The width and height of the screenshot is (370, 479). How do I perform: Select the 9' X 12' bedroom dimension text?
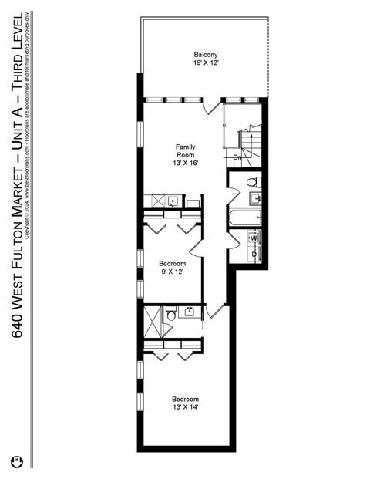[x=170, y=272]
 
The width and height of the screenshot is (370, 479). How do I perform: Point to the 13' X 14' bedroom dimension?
[x=186, y=407]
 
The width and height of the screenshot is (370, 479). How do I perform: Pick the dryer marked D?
[x=254, y=253]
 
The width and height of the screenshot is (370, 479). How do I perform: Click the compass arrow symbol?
[x=16, y=462]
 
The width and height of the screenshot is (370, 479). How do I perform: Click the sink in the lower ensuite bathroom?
[x=170, y=312]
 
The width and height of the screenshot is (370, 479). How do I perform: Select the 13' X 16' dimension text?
[x=186, y=164]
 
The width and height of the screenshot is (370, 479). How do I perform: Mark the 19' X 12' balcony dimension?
[x=206, y=65]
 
